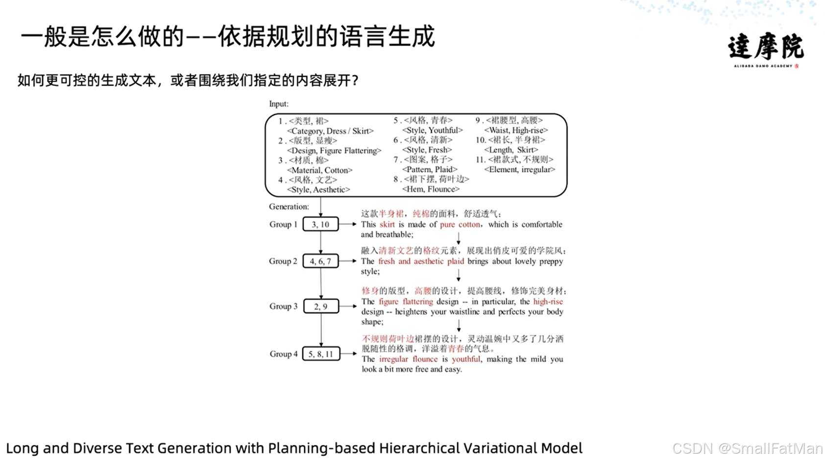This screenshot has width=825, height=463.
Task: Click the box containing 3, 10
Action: coord(320,224)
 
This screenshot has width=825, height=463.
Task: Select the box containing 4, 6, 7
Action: coord(320,261)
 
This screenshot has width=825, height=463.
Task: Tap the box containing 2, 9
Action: coord(321,306)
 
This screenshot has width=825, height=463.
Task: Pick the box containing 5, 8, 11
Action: coord(321,354)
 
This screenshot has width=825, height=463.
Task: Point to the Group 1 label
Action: coord(283,224)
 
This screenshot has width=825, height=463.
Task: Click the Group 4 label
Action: coord(283,354)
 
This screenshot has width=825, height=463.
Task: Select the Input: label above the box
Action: coord(279,104)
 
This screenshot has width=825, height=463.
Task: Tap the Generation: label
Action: coord(289,207)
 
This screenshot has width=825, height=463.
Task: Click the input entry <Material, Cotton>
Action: coord(319,170)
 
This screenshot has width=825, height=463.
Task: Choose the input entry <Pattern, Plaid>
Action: coord(429,169)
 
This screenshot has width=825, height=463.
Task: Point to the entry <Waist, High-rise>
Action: coord(515,130)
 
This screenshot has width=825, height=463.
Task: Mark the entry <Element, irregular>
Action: coord(519,169)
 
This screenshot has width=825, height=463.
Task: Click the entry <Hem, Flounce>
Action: coord(431,189)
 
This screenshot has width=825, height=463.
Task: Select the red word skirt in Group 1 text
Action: coord(387,224)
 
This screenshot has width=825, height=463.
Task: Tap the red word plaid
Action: coord(455,261)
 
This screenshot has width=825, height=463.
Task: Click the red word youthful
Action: coord(466,359)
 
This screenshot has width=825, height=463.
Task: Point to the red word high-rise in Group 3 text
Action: coord(548,301)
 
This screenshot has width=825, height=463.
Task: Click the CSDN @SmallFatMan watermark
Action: coord(747,448)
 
